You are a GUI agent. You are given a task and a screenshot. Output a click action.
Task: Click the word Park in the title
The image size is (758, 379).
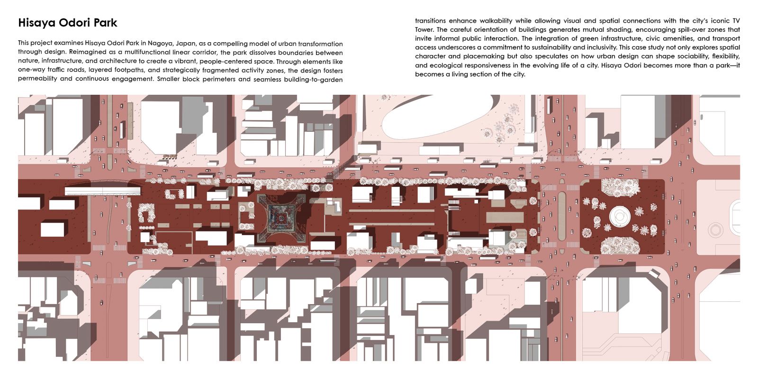tap(105, 23)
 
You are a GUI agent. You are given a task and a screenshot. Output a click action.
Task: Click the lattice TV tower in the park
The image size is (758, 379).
tap(282, 218)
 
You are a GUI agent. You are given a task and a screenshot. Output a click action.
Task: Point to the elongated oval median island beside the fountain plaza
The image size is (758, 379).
tap(562, 216)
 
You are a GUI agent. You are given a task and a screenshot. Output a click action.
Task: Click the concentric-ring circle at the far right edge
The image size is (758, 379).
tap(715, 230)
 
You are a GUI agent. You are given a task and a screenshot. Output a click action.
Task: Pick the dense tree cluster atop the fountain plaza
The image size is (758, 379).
tap(620, 187)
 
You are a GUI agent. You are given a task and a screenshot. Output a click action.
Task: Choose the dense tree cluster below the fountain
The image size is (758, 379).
tap(620, 245)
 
